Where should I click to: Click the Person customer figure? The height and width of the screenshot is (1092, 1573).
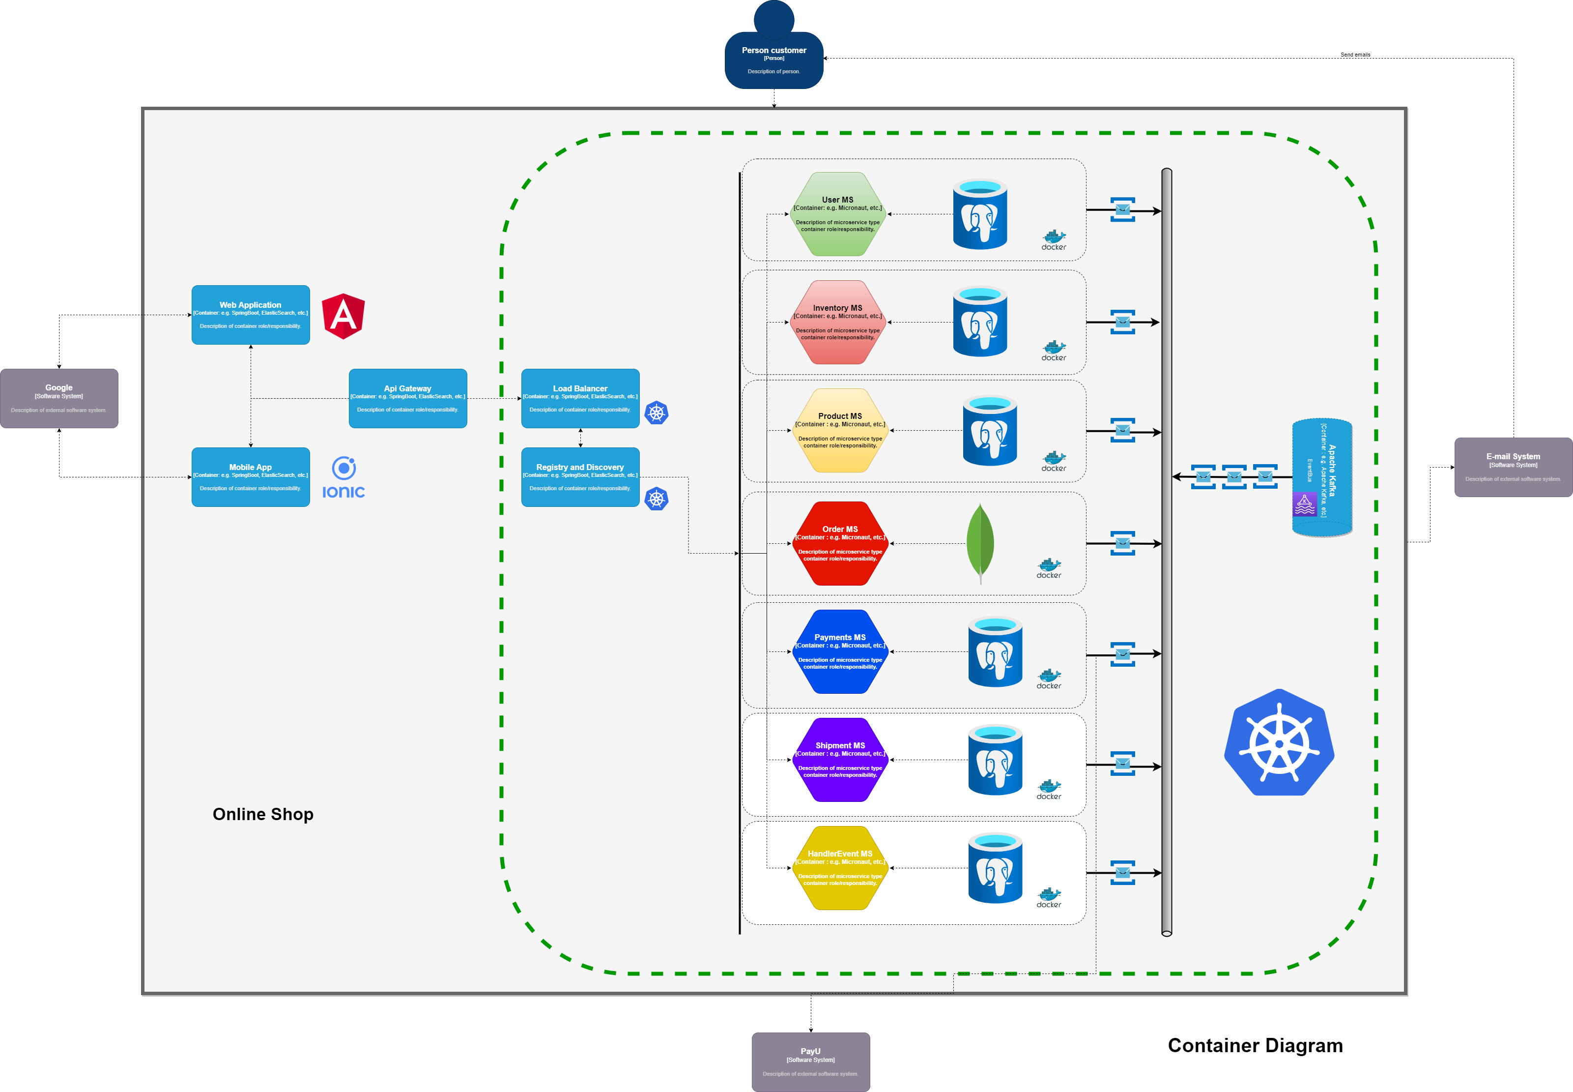point(773,55)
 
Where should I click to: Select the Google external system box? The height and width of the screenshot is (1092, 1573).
point(59,398)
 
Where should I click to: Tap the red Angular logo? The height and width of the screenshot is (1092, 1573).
point(343,316)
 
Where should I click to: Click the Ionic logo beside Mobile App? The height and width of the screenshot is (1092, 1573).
point(343,477)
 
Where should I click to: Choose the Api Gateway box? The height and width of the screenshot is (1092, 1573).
point(407,398)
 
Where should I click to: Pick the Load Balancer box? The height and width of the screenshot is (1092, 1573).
point(580,398)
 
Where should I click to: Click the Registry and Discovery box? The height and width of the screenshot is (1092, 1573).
point(580,477)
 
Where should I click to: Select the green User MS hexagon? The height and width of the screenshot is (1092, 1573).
point(838,214)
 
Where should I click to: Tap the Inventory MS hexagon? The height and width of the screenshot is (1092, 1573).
point(838,322)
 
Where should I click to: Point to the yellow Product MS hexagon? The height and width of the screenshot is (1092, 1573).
point(840,430)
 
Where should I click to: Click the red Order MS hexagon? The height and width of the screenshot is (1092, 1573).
point(840,543)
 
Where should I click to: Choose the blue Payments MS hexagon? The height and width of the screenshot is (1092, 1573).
point(840,651)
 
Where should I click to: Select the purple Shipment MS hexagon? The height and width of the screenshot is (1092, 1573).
point(840,760)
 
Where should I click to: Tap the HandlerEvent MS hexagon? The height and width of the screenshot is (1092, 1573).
point(840,868)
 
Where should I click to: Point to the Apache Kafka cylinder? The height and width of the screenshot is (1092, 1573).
point(1321,477)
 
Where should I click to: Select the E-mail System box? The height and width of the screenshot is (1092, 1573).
point(1513,467)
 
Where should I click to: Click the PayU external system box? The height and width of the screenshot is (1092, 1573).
point(810,1062)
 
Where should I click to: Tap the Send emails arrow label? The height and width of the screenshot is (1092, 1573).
point(1355,55)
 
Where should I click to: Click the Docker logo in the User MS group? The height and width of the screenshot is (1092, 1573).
point(1053,240)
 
